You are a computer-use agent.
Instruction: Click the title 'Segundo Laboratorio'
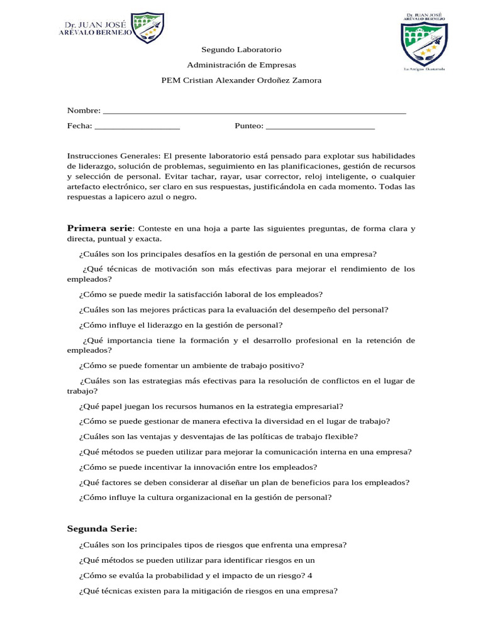[241, 49]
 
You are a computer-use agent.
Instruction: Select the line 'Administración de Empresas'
[241, 65]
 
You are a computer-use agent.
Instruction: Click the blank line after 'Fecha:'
[138, 126]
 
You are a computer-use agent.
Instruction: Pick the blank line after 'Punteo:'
[321, 126]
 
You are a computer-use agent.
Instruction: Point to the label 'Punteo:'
[249, 126]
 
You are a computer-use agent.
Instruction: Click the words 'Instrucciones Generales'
[113, 156]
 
